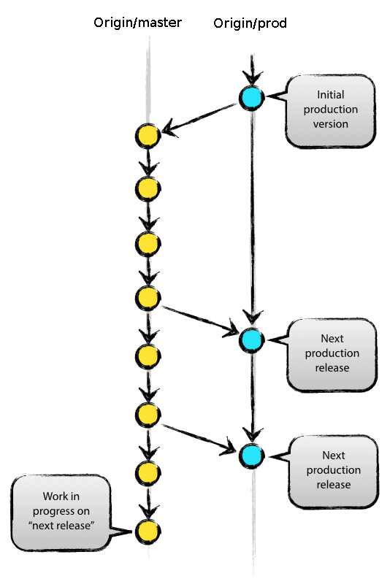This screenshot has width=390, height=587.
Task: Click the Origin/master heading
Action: point(137,23)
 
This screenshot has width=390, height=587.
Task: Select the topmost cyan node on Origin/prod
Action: point(251,96)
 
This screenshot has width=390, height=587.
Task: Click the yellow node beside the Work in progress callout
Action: point(148,531)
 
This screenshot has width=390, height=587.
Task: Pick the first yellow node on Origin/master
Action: point(148,136)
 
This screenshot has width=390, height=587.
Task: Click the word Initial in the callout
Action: point(330,95)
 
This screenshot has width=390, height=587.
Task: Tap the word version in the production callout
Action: point(330,124)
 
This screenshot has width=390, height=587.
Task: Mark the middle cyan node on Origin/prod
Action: point(251,339)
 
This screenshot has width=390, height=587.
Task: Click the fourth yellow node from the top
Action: point(148,297)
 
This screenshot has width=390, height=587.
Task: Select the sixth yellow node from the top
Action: point(148,415)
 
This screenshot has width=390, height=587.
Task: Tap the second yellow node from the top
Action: point(148,189)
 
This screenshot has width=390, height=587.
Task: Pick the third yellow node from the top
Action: point(148,243)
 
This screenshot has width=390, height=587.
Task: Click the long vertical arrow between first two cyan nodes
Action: point(252,219)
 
